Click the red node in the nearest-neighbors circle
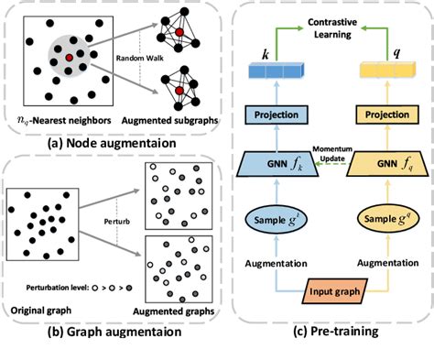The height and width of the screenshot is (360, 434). [68, 58]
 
